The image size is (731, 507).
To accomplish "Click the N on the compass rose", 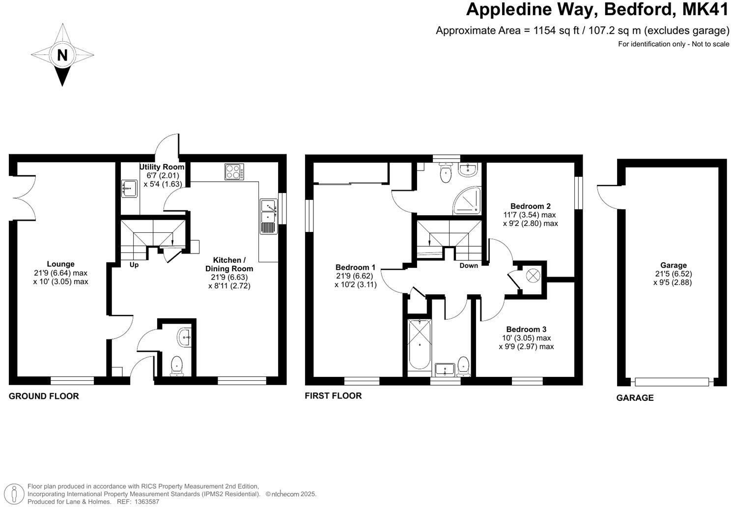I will coord(62,55).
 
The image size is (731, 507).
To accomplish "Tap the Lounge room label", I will coord(61,264).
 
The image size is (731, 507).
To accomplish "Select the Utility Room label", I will coord(162,167).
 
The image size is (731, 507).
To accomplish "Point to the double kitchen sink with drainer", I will coord(268,216).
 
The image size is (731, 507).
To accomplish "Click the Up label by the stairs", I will coord(134,265).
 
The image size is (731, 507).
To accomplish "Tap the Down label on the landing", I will coord(468,265).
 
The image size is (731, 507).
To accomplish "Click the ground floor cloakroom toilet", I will coord(176,366).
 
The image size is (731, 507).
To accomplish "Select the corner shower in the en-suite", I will coord(467,201).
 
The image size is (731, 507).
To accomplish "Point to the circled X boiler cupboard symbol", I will coord(533,276).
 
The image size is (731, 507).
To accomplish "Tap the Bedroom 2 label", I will coord(530,206).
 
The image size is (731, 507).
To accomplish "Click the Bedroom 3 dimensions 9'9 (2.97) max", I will coord(526,346).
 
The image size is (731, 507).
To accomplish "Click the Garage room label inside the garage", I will coord(673,265).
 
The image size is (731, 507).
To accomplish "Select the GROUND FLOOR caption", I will coord(44,396).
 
